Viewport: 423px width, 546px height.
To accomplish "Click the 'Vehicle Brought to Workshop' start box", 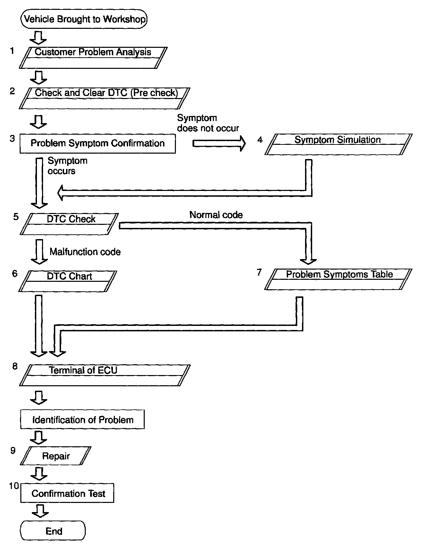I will [x=84, y=19].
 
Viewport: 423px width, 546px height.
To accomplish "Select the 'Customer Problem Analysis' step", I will [x=93, y=58].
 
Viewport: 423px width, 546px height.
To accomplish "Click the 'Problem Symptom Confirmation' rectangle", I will [x=98, y=143].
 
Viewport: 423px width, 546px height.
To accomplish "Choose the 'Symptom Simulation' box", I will [x=338, y=144].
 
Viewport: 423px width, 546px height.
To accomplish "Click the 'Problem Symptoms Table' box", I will [x=339, y=279].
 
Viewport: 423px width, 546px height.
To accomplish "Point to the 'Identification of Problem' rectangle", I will [x=83, y=420].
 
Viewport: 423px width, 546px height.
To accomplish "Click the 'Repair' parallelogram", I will [x=56, y=456].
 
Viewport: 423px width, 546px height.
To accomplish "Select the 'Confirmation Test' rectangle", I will [x=68, y=493].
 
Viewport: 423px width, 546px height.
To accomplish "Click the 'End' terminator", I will [x=53, y=531].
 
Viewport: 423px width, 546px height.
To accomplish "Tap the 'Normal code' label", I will [x=216, y=215].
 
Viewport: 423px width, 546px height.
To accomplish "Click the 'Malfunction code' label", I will [x=85, y=252].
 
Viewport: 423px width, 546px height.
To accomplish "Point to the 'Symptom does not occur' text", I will [x=208, y=123].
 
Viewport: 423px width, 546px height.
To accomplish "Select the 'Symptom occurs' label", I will [x=67, y=166].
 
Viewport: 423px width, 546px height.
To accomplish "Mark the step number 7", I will [x=259, y=272].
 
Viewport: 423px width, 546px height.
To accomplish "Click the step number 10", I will [x=14, y=486].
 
